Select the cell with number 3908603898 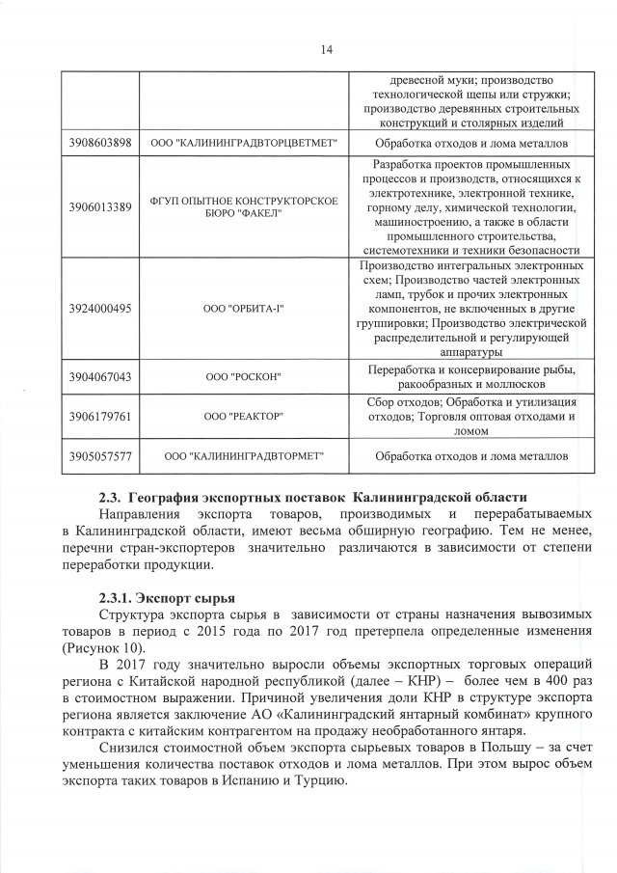point(100,144)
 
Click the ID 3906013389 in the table point(100,206)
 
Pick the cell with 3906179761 point(100,416)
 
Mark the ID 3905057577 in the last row point(100,454)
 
